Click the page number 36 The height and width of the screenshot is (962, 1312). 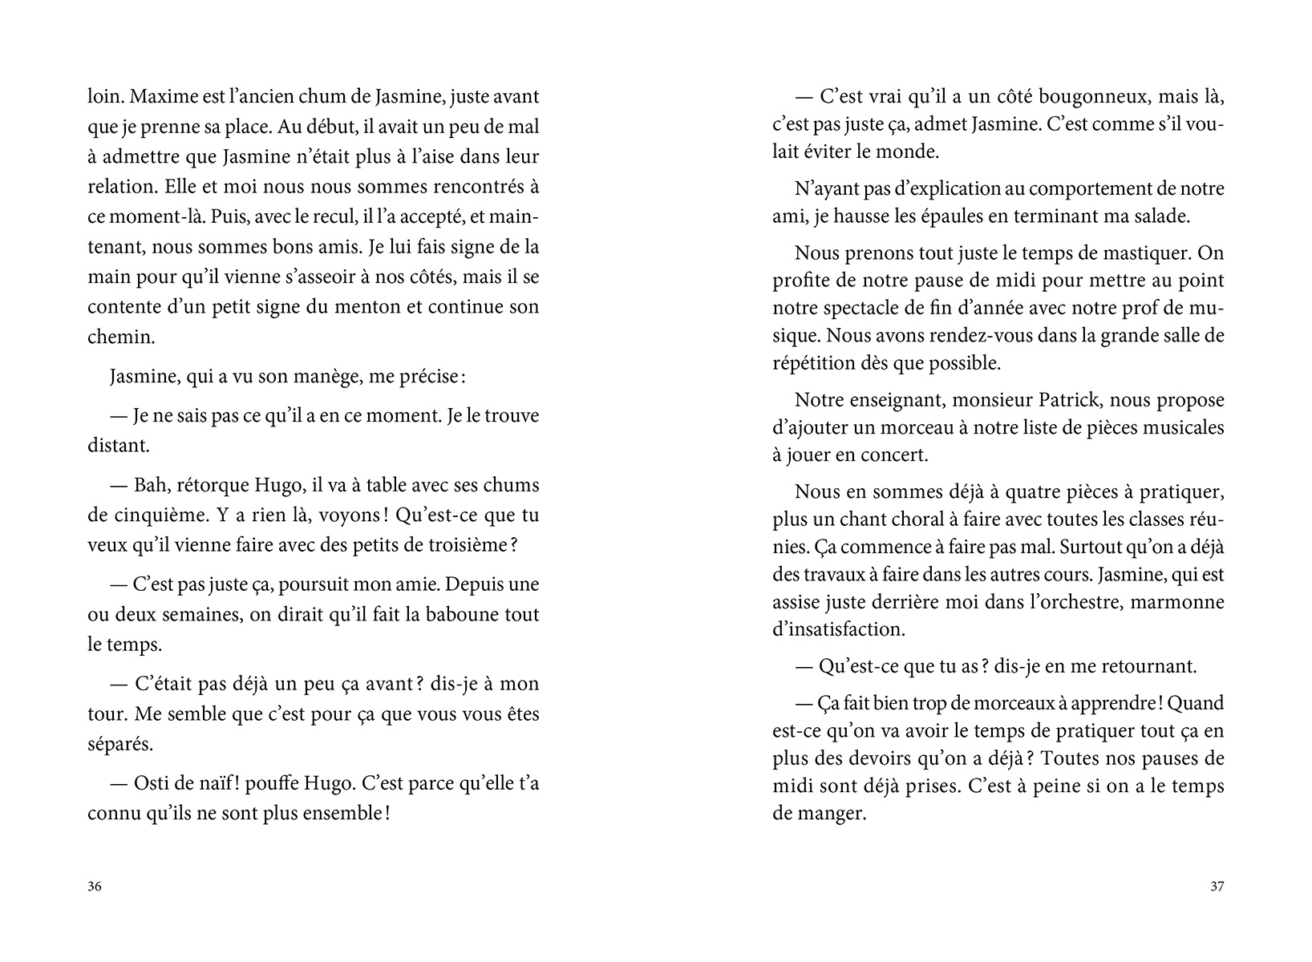coord(95,887)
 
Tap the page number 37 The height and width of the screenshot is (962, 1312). coord(1217,887)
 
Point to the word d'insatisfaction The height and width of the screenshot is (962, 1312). coord(838,629)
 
